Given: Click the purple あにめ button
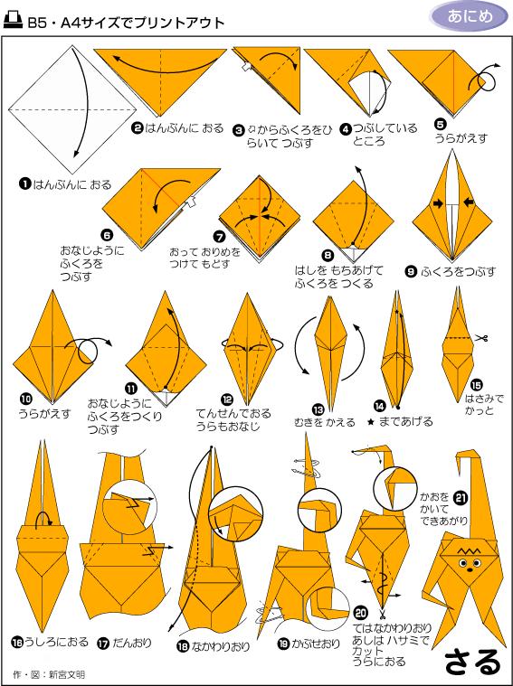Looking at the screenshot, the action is coord(470,16).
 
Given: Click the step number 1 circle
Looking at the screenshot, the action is coord(24,184).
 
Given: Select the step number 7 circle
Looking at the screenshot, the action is coord(219,237).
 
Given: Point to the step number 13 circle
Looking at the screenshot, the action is coord(318,409).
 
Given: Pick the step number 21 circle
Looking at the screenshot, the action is coord(461,498).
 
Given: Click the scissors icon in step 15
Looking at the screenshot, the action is coord(481,338).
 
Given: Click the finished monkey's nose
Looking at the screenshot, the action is coord(470,570).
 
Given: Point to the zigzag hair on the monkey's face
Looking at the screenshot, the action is coord(470,549).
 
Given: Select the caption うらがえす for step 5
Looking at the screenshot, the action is coord(461,138).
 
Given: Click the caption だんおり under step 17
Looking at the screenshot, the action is coord(132,643).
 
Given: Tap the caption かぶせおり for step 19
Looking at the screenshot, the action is coord(316,644).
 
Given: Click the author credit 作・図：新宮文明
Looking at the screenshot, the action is coord(49,674).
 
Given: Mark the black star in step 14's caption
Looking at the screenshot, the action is coord(371,422).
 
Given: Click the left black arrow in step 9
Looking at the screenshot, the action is coord(438,203).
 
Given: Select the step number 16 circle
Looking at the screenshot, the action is coord(17,643).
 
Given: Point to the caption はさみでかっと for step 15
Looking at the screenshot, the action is coord(484,405).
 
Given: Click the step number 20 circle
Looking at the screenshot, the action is coord(360,613).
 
